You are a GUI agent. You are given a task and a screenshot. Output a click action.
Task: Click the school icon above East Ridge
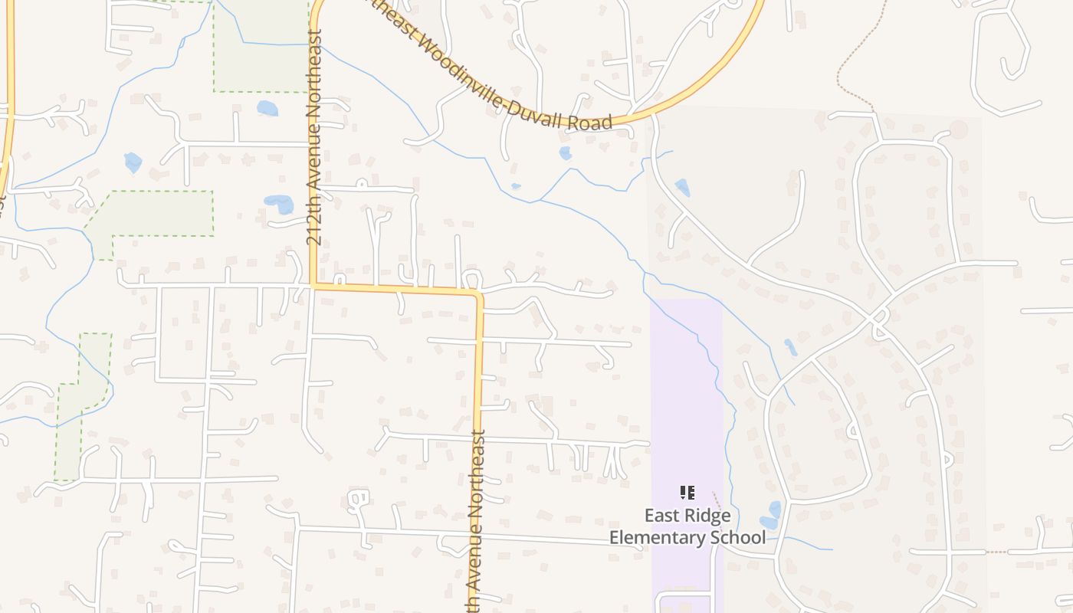(687, 493)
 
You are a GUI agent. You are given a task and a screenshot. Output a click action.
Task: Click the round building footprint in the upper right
(958, 129)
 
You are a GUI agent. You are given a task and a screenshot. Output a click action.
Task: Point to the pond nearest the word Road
(565, 153)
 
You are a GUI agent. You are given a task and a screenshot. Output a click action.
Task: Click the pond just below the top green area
(267, 108)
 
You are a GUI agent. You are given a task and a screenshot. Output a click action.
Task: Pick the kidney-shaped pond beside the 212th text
(280, 204)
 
